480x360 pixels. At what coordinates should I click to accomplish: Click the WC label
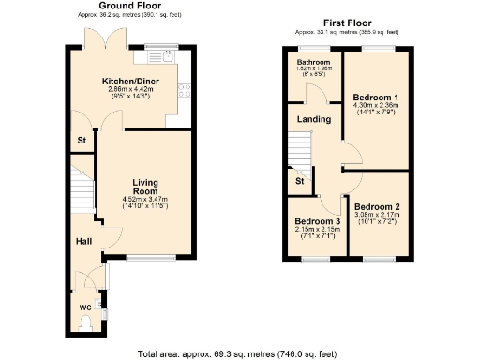pos(83,307)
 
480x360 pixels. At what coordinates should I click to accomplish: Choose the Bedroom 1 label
pos(376,97)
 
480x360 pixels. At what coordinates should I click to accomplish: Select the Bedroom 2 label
pos(377,206)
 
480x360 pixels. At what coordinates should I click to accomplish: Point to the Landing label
pos(313,119)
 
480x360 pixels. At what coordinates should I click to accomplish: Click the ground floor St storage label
pos(82,142)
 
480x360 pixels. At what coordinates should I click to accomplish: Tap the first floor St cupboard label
pos(299,181)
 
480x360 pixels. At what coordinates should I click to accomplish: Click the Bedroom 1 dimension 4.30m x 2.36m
pos(376,106)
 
